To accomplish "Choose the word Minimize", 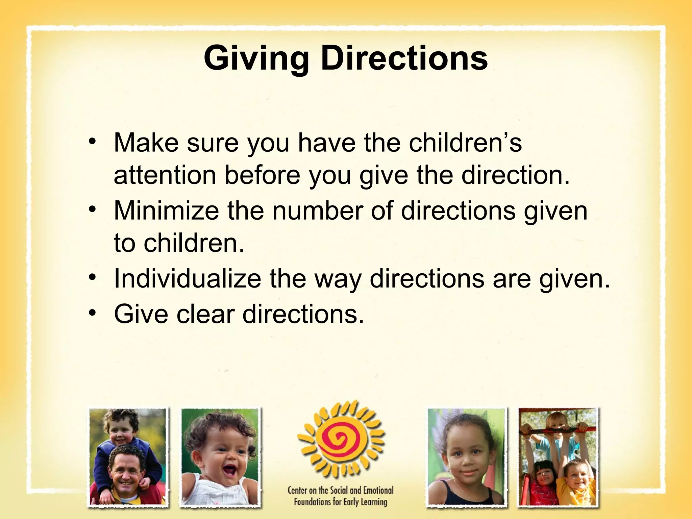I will click(166, 210).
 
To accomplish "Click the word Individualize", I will click(187, 279).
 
